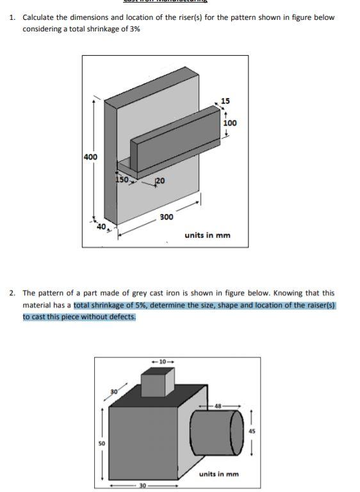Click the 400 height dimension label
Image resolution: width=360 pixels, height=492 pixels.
pos(90,157)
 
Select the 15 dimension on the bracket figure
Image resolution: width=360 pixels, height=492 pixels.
pos(225,101)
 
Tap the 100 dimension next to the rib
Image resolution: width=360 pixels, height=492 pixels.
pos(229,122)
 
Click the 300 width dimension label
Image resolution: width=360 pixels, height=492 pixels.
pos(166,217)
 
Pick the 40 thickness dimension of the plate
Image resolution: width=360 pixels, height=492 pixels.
pos(101,226)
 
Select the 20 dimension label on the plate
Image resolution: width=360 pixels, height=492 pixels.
pos(160,181)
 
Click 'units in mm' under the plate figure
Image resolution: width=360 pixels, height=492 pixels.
pos(207,235)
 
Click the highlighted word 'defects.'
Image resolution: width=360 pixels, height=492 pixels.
pos(120,316)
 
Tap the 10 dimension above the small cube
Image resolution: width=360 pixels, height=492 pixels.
pos(161,362)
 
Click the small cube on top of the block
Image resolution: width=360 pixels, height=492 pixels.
pos(158,384)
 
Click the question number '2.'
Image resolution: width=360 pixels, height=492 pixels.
pos(13,293)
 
